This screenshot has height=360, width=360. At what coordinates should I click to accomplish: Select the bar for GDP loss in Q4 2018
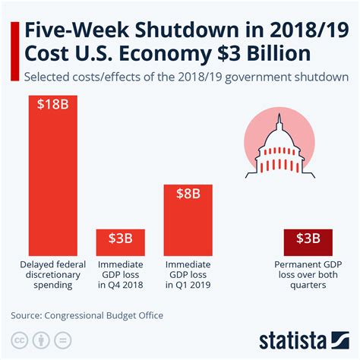pyautogui.click(x=120, y=242)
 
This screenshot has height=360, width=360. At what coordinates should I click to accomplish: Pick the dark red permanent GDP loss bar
pyautogui.click(x=308, y=242)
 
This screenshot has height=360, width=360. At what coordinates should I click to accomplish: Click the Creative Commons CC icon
pyautogui.click(x=21, y=338)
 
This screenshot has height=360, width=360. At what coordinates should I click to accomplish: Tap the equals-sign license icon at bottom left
pyautogui.click(x=64, y=338)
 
